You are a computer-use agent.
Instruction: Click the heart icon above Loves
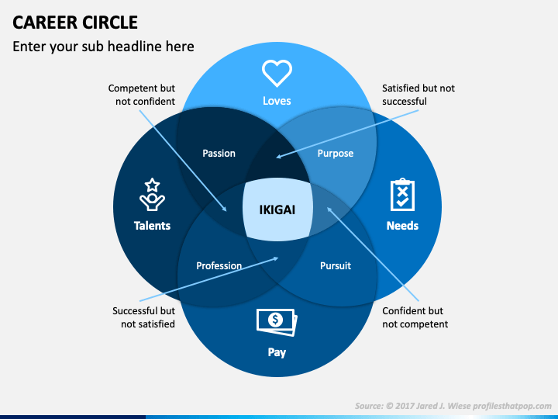(277, 74)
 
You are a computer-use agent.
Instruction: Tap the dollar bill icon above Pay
(277, 322)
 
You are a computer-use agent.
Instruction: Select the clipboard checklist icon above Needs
(402, 195)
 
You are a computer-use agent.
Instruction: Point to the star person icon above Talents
(152, 195)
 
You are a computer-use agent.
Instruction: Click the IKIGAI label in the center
(277, 209)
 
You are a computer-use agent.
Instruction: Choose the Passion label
(219, 153)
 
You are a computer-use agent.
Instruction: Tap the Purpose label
(336, 154)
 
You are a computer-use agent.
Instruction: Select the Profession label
(219, 266)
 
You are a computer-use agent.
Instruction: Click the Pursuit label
(336, 266)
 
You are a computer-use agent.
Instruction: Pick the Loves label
(277, 101)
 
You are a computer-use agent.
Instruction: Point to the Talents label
(152, 226)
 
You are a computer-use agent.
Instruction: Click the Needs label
(402, 226)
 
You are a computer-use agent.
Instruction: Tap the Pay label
(277, 352)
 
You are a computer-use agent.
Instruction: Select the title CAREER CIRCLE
(75, 23)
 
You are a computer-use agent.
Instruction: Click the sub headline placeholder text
(103, 47)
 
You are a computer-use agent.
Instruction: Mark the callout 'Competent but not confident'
(142, 95)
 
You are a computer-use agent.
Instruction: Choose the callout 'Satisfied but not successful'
(418, 95)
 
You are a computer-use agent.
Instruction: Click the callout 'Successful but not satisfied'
(144, 317)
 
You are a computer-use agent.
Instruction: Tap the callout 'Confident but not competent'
(415, 317)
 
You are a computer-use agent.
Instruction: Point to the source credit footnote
(453, 406)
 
